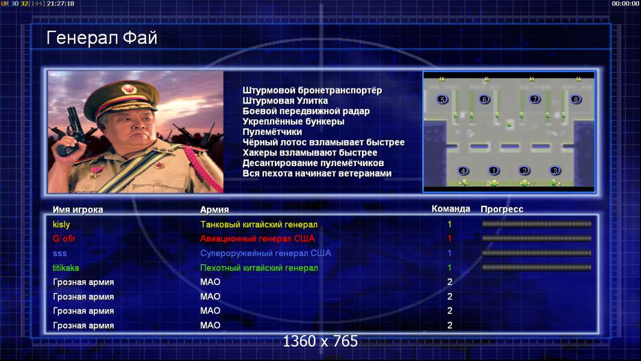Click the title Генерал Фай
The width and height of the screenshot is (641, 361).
(102, 38)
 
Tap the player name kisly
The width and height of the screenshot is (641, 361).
(61, 224)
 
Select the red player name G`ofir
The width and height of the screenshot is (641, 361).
(64, 238)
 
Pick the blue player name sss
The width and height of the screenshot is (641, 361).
(60, 253)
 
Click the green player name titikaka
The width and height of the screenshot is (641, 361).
(66, 268)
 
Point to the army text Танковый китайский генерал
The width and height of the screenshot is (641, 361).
(259, 224)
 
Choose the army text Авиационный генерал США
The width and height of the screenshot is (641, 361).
(257, 238)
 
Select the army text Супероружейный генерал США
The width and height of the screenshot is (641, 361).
(266, 253)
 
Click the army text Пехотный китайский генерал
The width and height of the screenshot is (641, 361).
(259, 268)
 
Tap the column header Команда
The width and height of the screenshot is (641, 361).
(451, 209)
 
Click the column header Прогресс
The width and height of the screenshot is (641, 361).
(502, 209)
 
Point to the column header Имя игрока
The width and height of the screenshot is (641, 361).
(78, 210)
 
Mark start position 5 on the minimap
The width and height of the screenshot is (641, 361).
(442, 99)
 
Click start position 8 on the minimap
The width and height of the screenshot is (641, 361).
(575, 99)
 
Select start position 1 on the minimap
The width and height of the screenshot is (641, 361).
(494, 170)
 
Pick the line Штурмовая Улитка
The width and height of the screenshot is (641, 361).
(285, 100)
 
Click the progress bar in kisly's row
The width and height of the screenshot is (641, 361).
(536, 224)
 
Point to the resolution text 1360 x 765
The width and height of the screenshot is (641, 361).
(320, 341)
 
